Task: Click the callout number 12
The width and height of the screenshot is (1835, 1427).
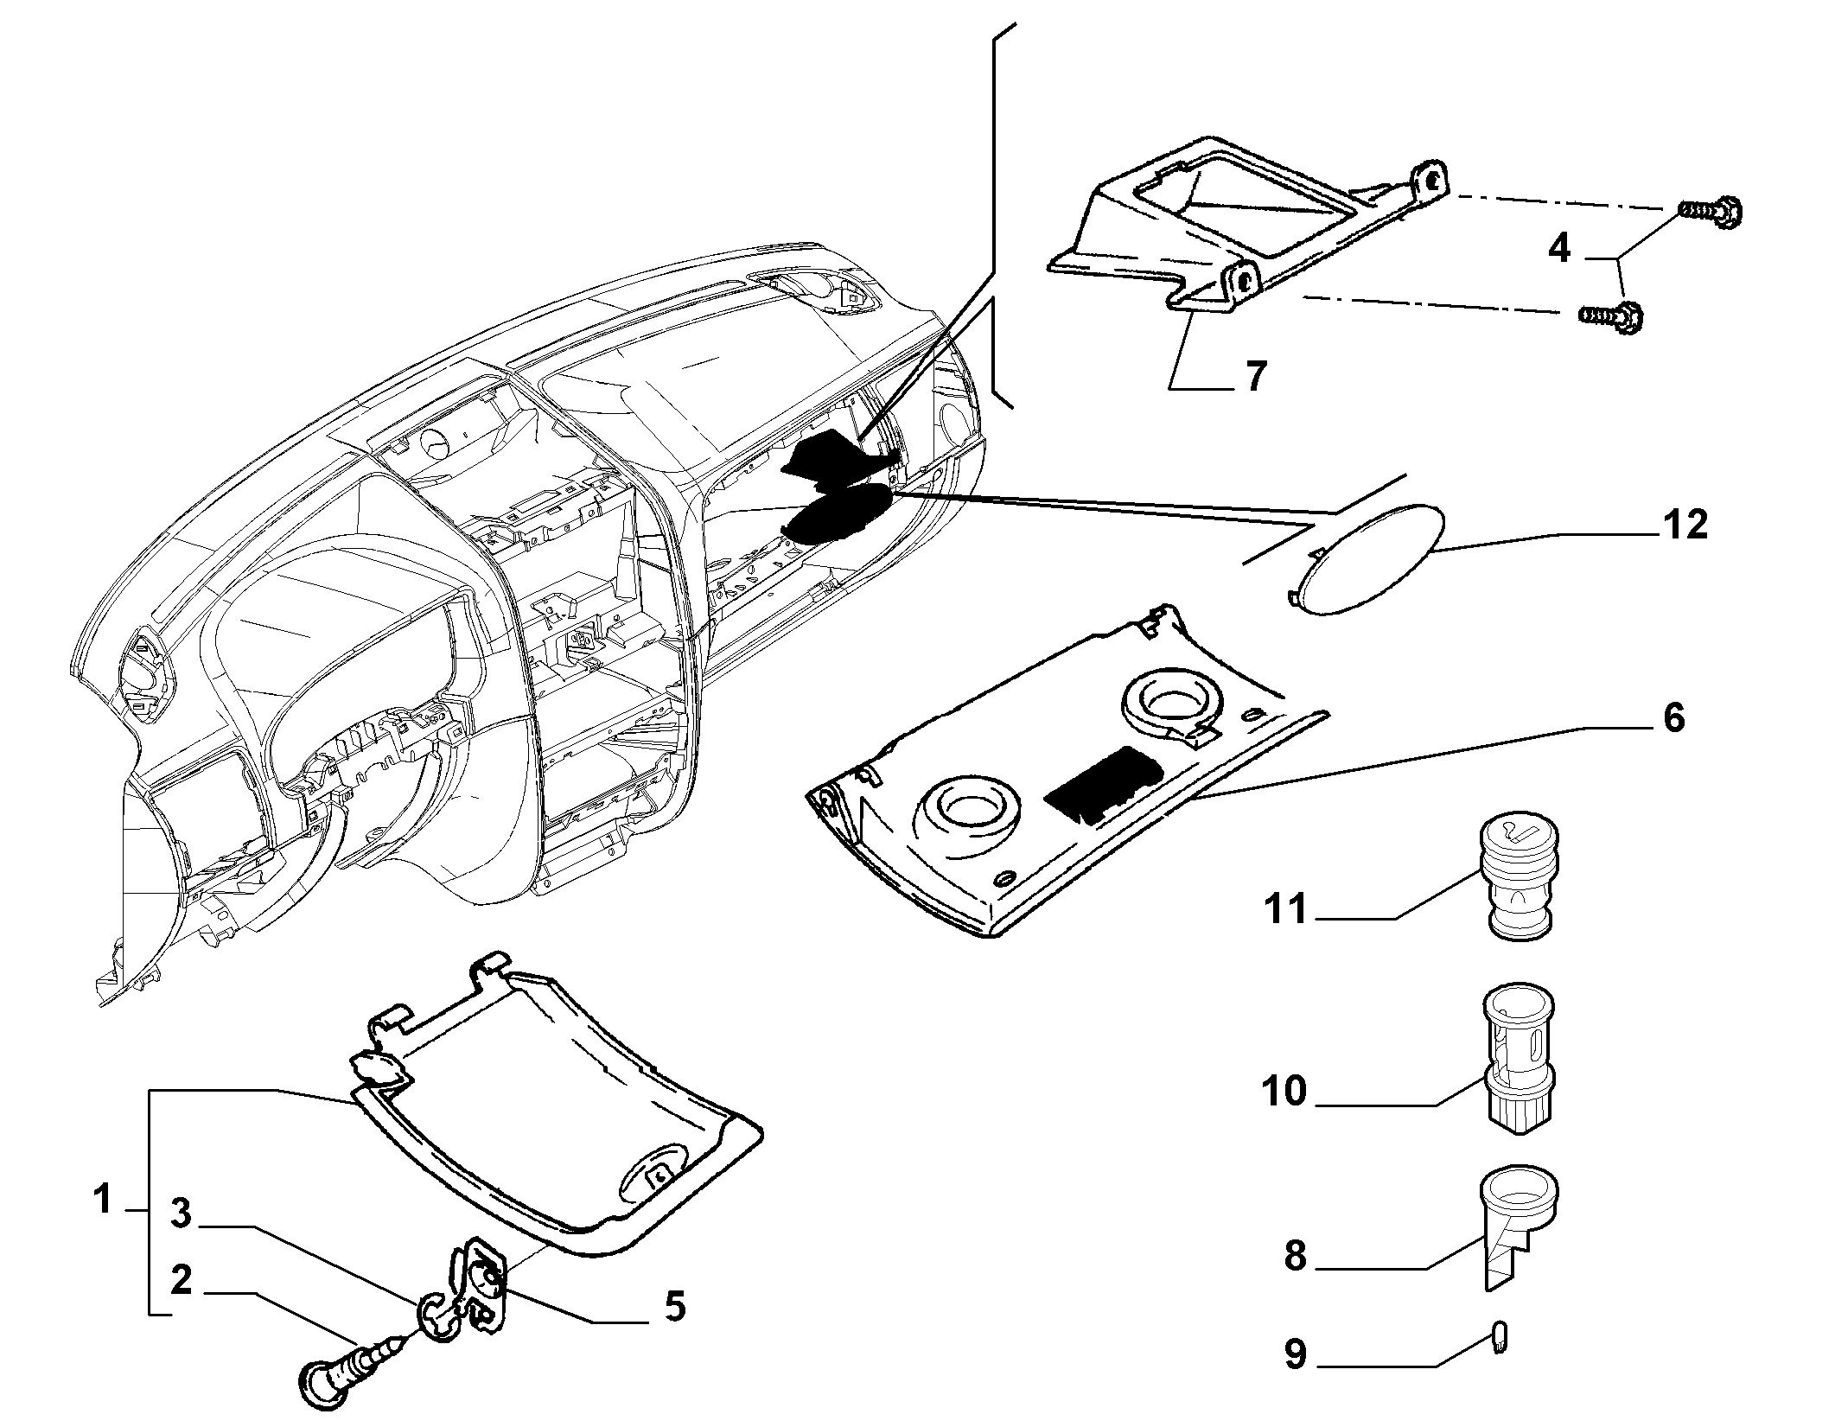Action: (1682, 525)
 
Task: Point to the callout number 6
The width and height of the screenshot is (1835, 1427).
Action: (1674, 717)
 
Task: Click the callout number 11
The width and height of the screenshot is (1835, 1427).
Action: (1288, 910)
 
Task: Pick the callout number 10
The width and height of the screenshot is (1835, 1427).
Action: (1284, 1092)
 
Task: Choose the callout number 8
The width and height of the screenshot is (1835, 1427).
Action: (1294, 1256)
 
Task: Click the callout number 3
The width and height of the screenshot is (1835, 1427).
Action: (181, 1214)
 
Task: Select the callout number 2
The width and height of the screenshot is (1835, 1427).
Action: (181, 1281)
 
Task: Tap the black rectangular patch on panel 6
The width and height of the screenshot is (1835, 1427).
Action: (1104, 784)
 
